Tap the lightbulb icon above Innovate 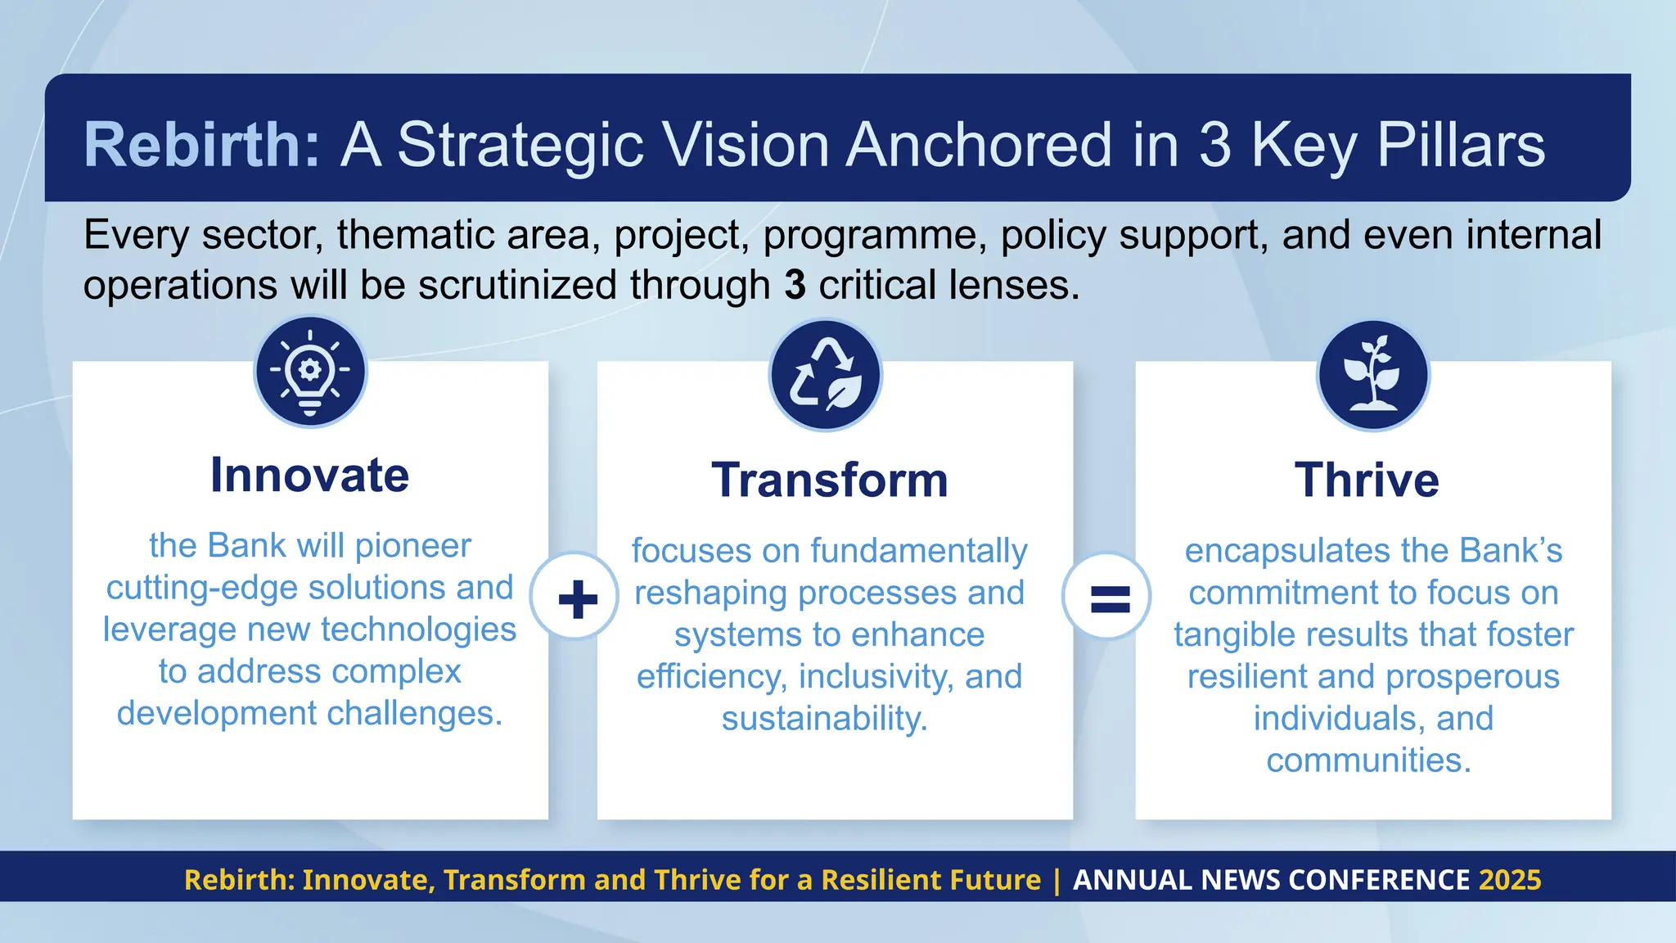click(310, 372)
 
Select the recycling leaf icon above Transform click(825, 375)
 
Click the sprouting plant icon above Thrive click(1372, 375)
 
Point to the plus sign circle click(576, 598)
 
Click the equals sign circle click(1108, 598)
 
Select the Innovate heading click(309, 475)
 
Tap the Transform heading click(830, 480)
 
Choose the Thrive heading click(1367, 480)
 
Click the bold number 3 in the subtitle click(795, 285)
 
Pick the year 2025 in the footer click(1510, 880)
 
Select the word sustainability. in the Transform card click(824, 719)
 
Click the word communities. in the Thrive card click(1368, 760)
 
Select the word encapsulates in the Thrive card click(1275, 551)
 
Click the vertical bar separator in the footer click(1057, 880)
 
